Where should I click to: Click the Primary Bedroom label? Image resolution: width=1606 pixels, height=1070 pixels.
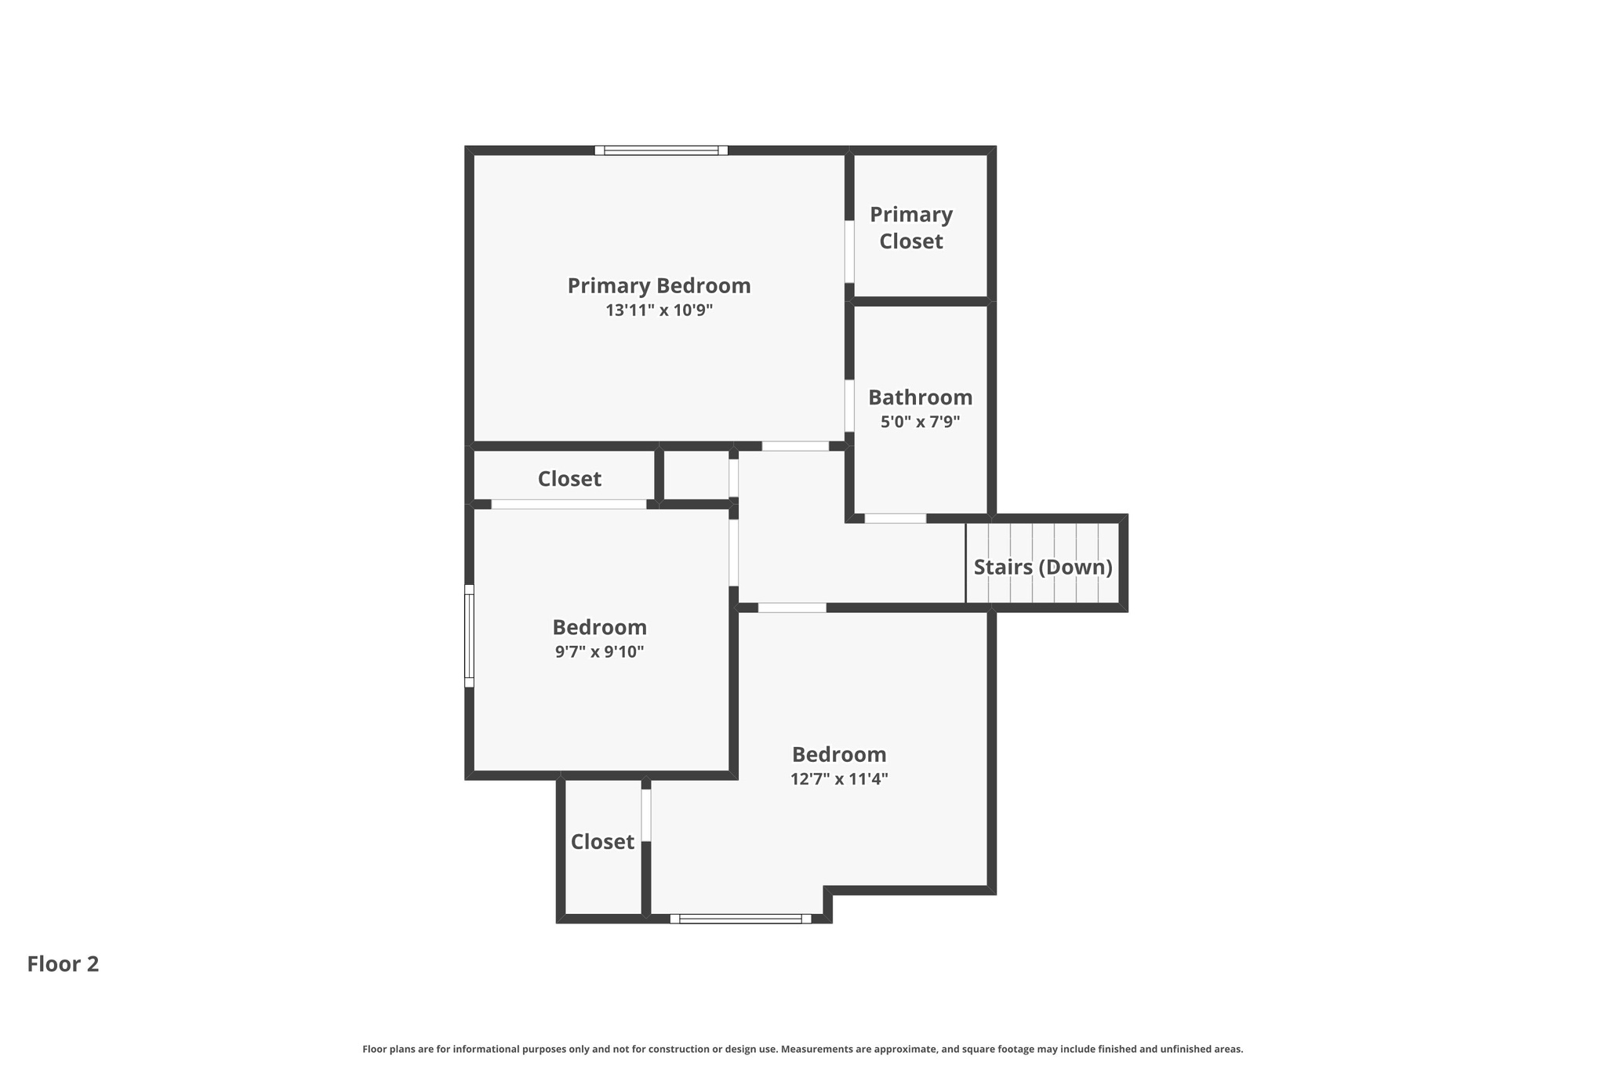[x=659, y=286]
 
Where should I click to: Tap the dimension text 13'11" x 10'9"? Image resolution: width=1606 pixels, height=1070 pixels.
[x=659, y=310]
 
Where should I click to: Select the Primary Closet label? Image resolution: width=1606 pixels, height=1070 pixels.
[x=910, y=227]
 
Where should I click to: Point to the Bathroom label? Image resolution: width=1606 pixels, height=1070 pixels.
[x=920, y=397]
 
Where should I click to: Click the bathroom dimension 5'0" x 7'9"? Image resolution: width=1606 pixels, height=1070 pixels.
[x=920, y=422]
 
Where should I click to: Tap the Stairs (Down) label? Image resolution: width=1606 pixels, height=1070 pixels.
[x=1042, y=567]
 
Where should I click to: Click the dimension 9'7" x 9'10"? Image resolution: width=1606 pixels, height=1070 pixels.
[x=599, y=651]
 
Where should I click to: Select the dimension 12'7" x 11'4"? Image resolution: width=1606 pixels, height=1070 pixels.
[x=838, y=779]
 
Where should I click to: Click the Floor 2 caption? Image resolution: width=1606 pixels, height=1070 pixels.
[x=63, y=964]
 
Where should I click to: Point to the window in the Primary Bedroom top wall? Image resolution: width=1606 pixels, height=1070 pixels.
[x=660, y=151]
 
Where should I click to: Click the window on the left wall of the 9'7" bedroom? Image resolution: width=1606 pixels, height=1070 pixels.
[x=469, y=636]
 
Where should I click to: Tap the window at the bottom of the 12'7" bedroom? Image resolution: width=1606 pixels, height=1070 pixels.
[x=740, y=919]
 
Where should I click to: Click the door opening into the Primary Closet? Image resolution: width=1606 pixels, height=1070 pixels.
[x=849, y=251]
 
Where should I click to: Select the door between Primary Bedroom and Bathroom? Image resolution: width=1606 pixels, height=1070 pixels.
[x=849, y=405]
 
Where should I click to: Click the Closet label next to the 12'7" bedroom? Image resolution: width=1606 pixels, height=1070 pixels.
[x=602, y=842]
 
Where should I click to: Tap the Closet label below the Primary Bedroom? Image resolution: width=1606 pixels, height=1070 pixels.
[x=569, y=479]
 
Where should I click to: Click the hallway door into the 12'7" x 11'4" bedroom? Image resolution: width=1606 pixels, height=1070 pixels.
[x=792, y=608]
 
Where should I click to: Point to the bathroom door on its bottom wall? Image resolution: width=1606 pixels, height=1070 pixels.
[x=895, y=518]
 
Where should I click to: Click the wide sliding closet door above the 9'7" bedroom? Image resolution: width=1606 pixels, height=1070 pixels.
[x=569, y=504]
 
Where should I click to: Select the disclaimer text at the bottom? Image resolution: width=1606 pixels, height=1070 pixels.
[x=802, y=1049]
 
